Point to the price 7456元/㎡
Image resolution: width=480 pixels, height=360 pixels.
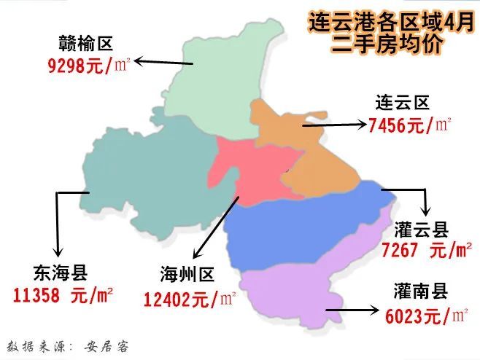pos(410,125)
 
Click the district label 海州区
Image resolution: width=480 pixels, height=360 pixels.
pos(188,275)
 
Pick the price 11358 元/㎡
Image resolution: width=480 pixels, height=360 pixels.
pos(63,295)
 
